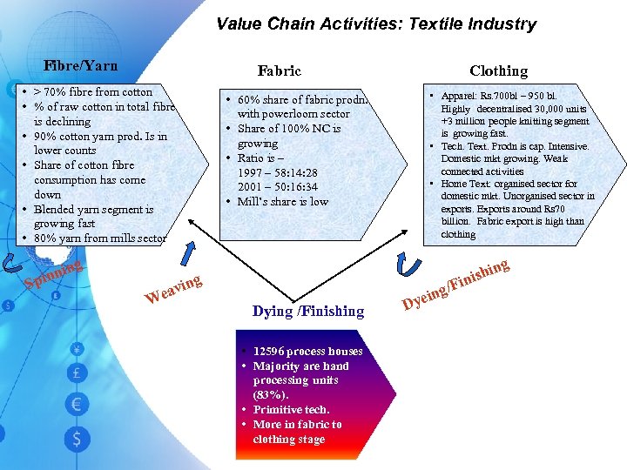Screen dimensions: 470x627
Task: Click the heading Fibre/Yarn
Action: pos(80,65)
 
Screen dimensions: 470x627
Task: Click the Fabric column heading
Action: pos(279,70)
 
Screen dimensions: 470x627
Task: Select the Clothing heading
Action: pos(498,70)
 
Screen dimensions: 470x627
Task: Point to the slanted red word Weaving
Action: pos(173,289)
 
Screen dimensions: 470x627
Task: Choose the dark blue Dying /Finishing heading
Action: pos(308,311)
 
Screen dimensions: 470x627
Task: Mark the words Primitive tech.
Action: pos(291,410)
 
